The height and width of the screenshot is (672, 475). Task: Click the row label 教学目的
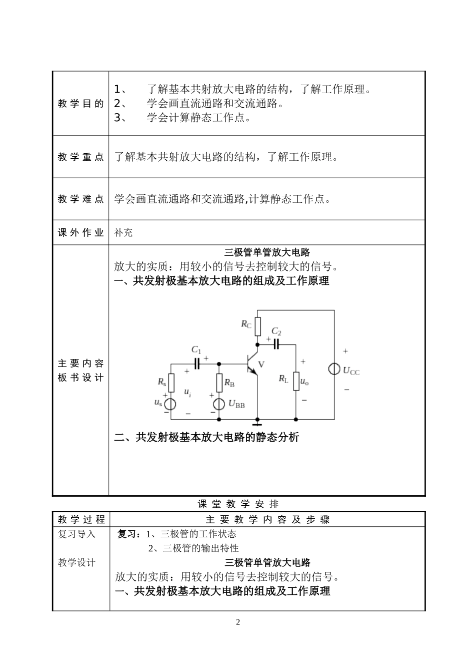[x=80, y=104]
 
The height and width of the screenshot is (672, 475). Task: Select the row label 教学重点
[x=80, y=157]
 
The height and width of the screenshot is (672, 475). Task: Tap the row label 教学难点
[x=80, y=199]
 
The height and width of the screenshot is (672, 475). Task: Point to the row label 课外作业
[x=80, y=233]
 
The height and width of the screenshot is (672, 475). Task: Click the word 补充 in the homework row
[x=123, y=233]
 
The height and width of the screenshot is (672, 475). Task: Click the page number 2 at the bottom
[x=238, y=622]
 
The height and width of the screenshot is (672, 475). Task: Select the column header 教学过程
[x=81, y=519]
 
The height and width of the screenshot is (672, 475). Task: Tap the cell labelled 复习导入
[x=76, y=534]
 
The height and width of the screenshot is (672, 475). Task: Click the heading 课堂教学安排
[x=238, y=504]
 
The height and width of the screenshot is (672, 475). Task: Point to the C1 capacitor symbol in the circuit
[x=196, y=364]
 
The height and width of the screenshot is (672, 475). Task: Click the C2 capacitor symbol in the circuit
[x=276, y=344]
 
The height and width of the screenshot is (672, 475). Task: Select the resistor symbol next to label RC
[x=257, y=326]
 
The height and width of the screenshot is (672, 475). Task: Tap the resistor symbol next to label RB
[x=219, y=383]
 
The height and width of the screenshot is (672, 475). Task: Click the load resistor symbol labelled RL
[x=295, y=381]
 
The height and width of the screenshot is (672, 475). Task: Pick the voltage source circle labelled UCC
[x=334, y=370]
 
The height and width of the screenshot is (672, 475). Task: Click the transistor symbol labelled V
[x=252, y=365]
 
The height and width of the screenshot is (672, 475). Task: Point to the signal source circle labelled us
[x=170, y=403]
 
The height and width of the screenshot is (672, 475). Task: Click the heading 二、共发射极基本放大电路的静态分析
[x=206, y=437]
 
